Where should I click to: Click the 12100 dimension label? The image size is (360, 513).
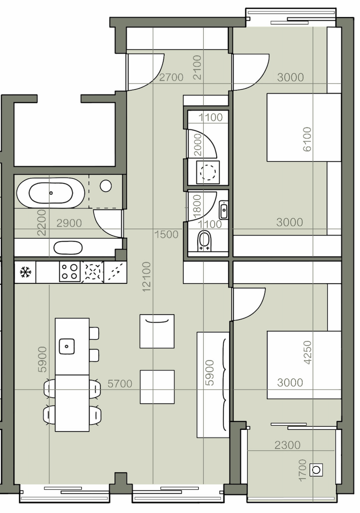(146, 276)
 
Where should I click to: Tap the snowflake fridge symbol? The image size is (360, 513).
(25, 272)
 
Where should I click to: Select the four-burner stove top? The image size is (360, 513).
(70, 272)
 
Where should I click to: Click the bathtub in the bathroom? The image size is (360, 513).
(51, 193)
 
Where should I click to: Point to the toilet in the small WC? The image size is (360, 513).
(205, 241)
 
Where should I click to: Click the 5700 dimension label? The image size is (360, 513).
(120, 383)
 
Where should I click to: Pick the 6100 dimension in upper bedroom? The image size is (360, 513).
(307, 139)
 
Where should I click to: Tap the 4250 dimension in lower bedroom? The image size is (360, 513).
(308, 352)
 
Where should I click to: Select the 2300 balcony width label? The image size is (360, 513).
(287, 445)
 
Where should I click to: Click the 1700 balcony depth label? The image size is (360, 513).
(302, 470)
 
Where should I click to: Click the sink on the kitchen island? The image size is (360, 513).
(67, 347)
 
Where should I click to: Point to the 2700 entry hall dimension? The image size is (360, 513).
(171, 77)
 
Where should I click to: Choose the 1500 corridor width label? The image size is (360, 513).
(166, 234)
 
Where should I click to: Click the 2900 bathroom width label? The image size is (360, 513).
(69, 223)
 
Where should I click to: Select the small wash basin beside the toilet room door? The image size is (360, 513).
(224, 210)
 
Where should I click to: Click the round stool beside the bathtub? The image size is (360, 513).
(106, 186)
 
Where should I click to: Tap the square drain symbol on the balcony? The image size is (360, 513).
(316, 470)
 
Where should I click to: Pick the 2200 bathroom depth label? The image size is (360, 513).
(42, 222)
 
